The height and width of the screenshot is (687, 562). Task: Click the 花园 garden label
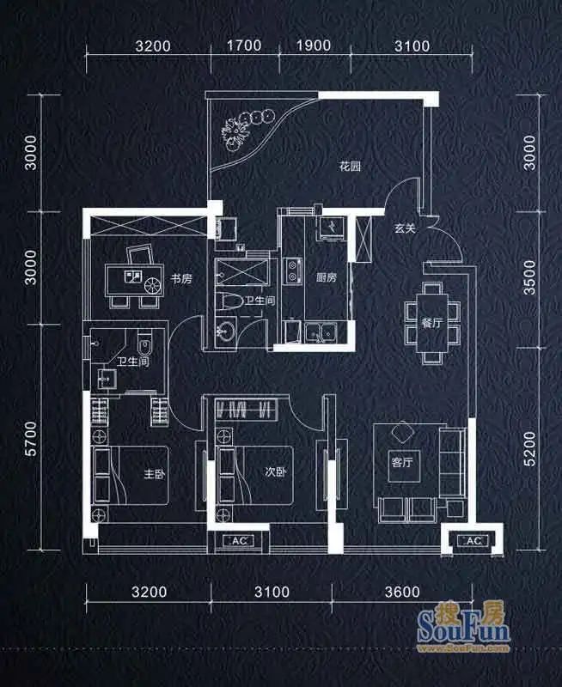coord(351,167)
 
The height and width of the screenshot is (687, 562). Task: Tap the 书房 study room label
coord(181,278)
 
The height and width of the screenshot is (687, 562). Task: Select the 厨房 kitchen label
coord(327,277)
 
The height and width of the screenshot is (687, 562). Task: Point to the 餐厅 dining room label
coord(431,324)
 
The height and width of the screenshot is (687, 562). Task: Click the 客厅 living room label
coord(402,462)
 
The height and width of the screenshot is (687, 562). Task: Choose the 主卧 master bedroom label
coord(155,474)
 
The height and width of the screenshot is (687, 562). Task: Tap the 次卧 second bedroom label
coord(275,471)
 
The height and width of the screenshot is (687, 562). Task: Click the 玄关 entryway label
coord(404,228)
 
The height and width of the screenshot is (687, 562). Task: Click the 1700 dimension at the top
coord(244,46)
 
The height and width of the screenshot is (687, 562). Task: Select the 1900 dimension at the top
coord(314,46)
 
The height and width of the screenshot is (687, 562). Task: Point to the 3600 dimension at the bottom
coord(402,592)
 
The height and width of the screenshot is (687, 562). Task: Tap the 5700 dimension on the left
coord(31,439)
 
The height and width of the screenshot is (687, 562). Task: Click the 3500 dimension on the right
coord(529,277)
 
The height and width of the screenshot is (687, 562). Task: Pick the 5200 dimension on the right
coord(529,448)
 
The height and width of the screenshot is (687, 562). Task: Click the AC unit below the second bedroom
coord(239,541)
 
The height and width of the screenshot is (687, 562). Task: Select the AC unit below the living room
coord(473,541)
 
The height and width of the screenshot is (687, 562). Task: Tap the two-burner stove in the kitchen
coord(292,271)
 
